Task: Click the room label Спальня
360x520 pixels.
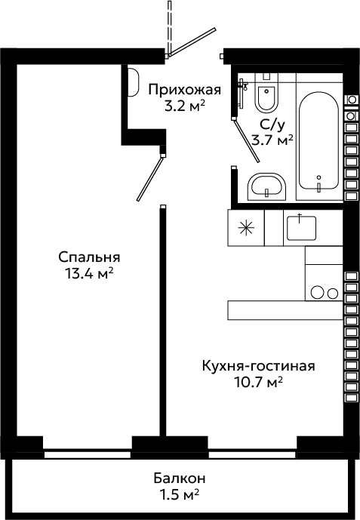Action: [x=89, y=257]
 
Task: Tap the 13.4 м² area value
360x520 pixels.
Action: [x=90, y=274]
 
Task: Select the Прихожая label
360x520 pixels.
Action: [x=185, y=90]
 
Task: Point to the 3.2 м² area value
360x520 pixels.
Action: [x=185, y=106]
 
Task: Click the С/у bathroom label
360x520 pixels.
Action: [x=272, y=125]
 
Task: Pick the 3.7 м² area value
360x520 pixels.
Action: [x=272, y=140]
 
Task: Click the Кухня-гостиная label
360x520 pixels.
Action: [x=259, y=367]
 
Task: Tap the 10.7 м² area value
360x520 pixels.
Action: [x=259, y=383]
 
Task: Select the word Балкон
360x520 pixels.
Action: [x=180, y=478]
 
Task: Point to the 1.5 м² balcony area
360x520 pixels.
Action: [x=180, y=495]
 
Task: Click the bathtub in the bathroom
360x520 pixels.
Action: [x=319, y=142]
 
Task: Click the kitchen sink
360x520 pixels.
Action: [x=301, y=228]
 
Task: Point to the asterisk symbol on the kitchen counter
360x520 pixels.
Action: [x=246, y=228]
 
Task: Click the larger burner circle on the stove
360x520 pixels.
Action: [x=317, y=292]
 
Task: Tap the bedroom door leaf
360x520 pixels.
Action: [x=150, y=179]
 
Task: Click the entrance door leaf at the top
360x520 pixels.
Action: [x=192, y=42]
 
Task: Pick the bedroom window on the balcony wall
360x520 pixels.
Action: [x=88, y=454]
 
